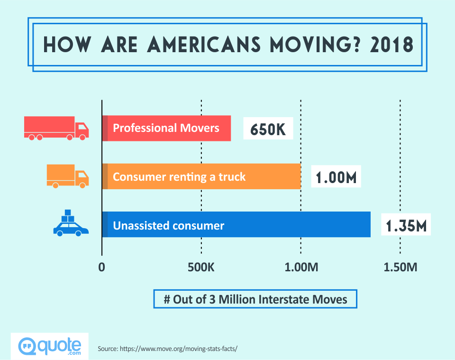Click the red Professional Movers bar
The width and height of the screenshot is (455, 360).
(166, 128)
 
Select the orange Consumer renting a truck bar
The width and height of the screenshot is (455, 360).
(201, 177)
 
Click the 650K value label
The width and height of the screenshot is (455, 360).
(268, 129)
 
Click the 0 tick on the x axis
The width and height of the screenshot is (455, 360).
(101, 268)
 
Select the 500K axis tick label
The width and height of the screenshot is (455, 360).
(201, 268)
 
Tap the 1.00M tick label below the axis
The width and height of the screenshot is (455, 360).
(301, 268)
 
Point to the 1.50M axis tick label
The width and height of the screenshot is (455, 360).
(400, 268)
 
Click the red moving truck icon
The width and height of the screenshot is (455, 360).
(56, 128)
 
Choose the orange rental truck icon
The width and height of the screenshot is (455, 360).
(68, 176)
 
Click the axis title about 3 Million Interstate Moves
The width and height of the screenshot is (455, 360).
(255, 300)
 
